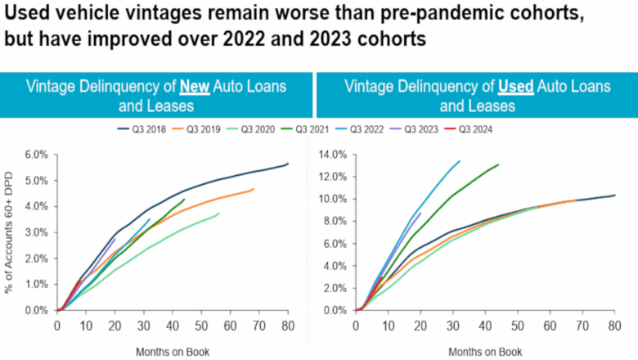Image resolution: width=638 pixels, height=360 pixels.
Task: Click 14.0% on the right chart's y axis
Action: pos(333,154)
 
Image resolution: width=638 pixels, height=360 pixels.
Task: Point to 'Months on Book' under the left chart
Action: pos(173,351)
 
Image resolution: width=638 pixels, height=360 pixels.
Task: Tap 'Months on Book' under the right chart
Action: pos(484,351)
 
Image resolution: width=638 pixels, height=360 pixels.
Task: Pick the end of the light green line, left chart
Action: pos(218,214)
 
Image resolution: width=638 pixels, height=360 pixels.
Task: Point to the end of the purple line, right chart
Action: pos(420,213)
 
